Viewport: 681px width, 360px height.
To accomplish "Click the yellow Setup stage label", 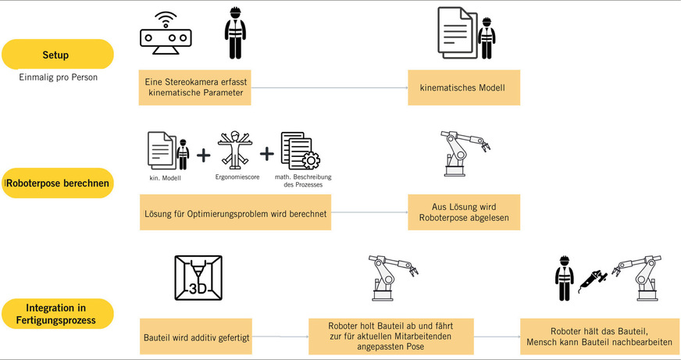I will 56,55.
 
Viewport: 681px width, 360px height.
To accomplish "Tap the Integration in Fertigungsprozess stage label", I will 56,313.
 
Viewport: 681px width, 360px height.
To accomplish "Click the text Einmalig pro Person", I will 58,79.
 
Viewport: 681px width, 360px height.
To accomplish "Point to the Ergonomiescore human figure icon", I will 234,151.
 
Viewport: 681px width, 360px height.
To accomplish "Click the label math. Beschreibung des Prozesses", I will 303,181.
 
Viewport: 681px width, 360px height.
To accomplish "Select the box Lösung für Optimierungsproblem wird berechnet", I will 235,213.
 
